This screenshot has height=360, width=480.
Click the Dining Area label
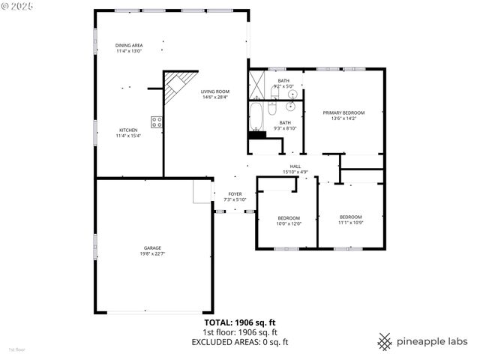[129, 45]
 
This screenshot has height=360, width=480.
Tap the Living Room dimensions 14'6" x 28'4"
[214, 97]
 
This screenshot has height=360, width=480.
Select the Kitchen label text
[127, 130]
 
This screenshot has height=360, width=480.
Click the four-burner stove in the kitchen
[157, 121]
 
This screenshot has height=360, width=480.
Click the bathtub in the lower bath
[255, 117]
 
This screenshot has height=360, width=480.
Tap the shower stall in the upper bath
[256, 82]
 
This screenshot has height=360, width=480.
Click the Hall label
[295, 166]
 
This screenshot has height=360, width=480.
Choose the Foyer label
[235, 193]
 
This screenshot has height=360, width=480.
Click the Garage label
[153, 247]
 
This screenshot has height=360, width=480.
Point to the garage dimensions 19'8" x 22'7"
[153, 253]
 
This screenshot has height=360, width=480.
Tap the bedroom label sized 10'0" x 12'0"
[289, 217]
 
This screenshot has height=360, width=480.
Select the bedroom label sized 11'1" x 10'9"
[351, 217]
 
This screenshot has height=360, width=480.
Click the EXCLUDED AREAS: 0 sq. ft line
[240, 342]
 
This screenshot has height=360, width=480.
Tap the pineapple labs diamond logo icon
[385, 340]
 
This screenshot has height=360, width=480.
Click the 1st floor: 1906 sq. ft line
[240, 332]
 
